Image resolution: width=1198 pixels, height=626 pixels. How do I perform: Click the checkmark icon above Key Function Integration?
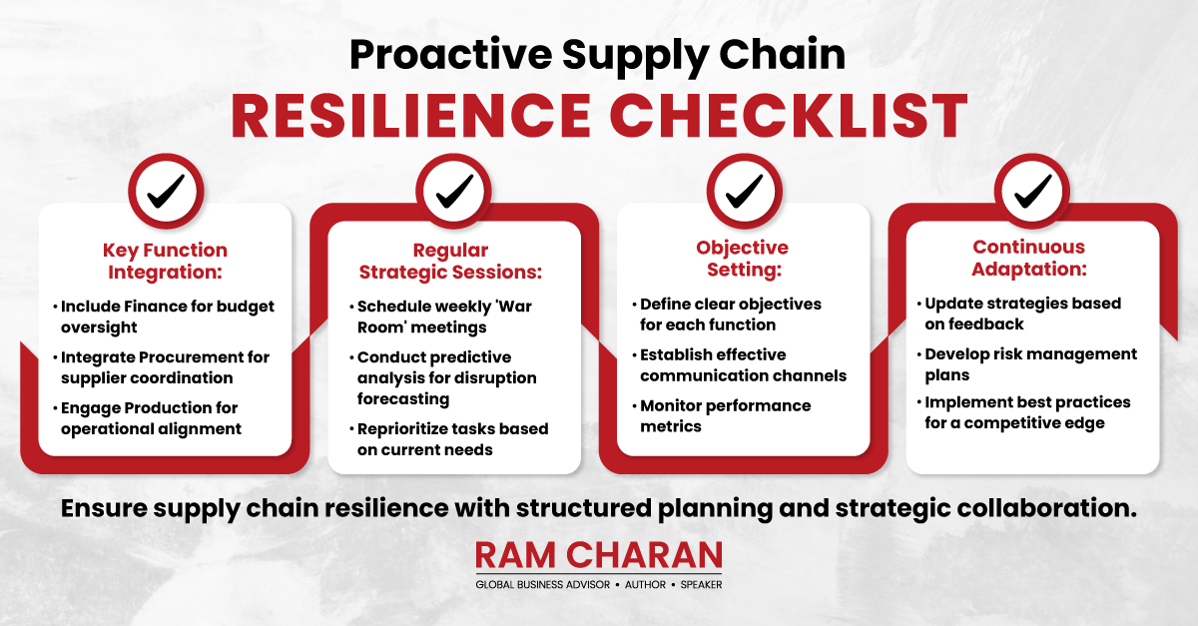point(166,191)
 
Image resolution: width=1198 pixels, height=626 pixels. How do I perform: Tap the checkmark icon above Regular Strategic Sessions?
point(454,191)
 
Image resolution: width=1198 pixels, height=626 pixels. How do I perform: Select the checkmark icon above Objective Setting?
point(744,191)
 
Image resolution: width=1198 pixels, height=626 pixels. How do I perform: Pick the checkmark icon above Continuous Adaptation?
point(1032,191)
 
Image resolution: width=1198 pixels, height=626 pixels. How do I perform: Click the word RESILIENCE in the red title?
point(410,116)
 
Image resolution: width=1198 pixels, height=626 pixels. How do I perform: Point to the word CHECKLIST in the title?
point(789,116)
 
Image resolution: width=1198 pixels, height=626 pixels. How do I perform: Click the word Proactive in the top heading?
point(451,54)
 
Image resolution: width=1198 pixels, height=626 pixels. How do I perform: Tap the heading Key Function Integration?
point(166,261)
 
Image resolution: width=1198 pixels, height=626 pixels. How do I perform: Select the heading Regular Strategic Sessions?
point(450,261)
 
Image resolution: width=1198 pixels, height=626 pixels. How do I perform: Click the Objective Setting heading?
point(743,259)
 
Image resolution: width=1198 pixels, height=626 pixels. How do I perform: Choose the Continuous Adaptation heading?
point(1029,258)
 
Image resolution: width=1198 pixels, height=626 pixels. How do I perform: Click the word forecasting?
point(403,399)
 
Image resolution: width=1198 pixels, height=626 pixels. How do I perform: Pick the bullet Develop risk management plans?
point(1027,364)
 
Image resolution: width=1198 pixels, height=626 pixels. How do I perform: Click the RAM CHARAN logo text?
point(599,555)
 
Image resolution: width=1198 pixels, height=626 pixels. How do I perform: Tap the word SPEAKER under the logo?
point(701,585)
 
